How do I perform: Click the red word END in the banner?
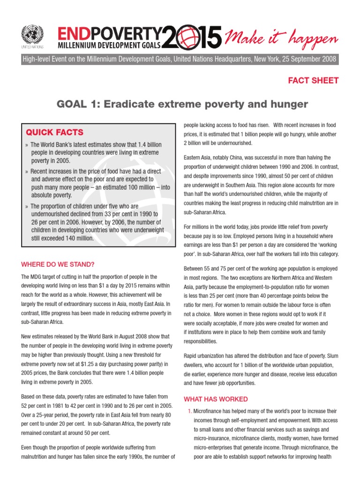tap(74, 33)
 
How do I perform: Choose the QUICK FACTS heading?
tap(54, 132)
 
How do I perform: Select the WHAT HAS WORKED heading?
tap(216, 399)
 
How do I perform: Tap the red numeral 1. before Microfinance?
tap(189, 411)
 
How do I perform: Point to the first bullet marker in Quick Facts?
tap(27, 145)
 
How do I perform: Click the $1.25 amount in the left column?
tap(75, 364)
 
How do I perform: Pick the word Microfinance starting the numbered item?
tap(209, 411)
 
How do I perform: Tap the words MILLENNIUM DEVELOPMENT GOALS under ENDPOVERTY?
tap(109, 45)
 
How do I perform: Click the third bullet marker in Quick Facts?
tap(27, 207)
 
